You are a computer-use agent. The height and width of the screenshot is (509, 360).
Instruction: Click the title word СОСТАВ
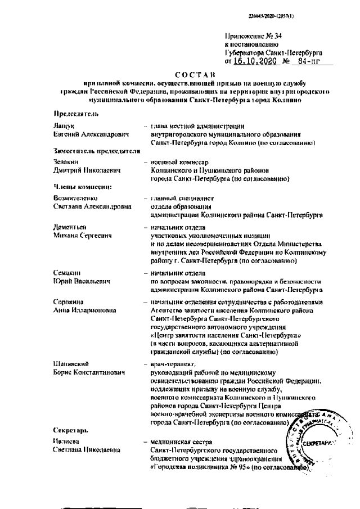(194, 74)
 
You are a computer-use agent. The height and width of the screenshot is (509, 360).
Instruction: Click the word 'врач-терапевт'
(176, 364)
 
